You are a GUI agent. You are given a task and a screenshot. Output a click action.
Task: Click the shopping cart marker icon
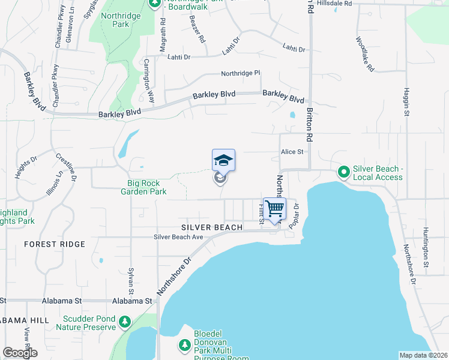pyautogui.click(x=274, y=209)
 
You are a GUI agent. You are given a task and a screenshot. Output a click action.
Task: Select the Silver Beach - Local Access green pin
pyautogui.click(x=344, y=173)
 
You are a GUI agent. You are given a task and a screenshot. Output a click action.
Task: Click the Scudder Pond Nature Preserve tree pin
pyautogui.click(x=125, y=323)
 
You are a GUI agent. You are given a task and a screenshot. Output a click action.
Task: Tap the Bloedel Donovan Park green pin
pyautogui.click(x=185, y=345)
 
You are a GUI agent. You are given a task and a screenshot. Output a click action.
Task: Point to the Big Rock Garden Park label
pyautogui.click(x=147, y=188)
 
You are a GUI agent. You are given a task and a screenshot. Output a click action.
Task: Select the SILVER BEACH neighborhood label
pyautogui.click(x=212, y=227)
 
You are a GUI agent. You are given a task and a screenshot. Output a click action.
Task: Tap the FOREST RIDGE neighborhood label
pyautogui.click(x=55, y=244)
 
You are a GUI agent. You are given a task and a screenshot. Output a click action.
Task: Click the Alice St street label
pyautogui.click(x=292, y=152)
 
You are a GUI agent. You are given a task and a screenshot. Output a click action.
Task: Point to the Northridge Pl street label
pyautogui.click(x=241, y=73)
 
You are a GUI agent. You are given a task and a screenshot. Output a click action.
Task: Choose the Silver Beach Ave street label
pyautogui.click(x=179, y=237)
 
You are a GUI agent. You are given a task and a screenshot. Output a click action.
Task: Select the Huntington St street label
pyautogui.click(x=426, y=247)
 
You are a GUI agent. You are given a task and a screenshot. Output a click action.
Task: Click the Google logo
pyautogui.click(x=20, y=353)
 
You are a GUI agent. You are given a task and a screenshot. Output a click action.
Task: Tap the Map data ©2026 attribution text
pyautogui.click(x=423, y=355)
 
